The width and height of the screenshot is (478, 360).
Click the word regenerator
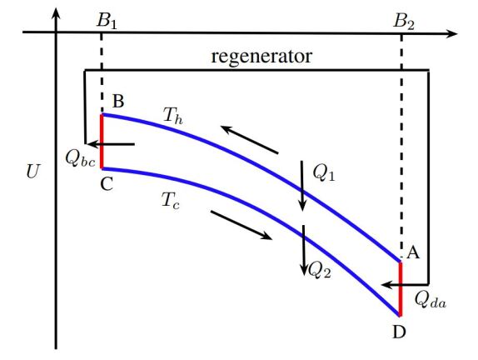[261, 57]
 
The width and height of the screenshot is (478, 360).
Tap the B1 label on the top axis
[107, 21]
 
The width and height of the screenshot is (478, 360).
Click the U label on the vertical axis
[32, 173]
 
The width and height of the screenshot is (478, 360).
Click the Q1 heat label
[324, 172]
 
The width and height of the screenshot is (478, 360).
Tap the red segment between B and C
[102, 141]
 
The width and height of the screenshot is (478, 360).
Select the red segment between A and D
[400, 288]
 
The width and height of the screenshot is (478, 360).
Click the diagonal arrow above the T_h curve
[249, 139]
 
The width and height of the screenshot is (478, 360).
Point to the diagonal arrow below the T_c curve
[241, 225]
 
